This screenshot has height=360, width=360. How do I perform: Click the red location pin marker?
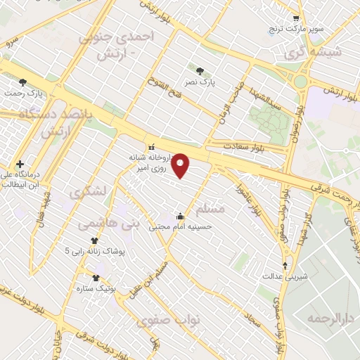pyautogui.click(x=181, y=165)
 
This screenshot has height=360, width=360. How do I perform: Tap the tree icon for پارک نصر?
pyautogui.click(x=200, y=70)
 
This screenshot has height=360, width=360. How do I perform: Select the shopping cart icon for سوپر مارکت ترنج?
pyautogui.click(x=297, y=19)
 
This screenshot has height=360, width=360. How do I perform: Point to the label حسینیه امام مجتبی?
pyautogui.click(x=183, y=227)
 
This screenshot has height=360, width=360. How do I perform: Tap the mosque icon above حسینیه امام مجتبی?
pyautogui.click(x=181, y=216)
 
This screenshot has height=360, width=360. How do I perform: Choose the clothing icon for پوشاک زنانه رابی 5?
pyautogui.click(x=94, y=240)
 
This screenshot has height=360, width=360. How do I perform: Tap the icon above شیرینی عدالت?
pyautogui.click(x=285, y=265)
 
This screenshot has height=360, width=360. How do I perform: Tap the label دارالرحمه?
pyautogui.click(x=326, y=319)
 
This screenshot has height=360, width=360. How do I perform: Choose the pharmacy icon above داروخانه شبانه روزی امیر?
pyautogui.click(x=150, y=147)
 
